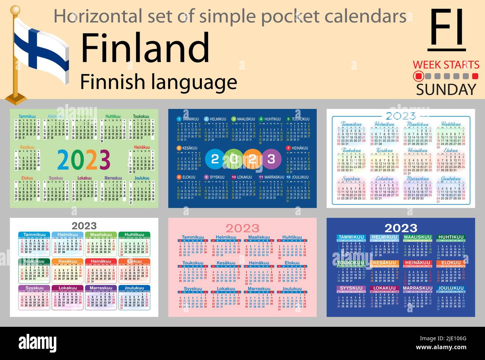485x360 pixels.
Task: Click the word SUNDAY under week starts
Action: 446,90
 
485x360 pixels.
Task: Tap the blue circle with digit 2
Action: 215,159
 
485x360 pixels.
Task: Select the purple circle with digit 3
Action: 271,159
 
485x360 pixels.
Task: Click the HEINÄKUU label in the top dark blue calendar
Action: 300,148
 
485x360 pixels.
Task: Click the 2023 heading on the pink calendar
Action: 242,228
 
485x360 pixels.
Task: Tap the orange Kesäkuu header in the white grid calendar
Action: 68,261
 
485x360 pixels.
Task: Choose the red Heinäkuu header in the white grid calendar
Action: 101,261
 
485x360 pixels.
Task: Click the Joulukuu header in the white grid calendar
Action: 134,288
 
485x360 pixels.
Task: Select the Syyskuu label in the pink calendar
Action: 193,289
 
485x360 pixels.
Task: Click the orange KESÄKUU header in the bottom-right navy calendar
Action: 384,263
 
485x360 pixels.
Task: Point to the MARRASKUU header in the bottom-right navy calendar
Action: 417,288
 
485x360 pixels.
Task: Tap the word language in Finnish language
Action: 198,82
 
